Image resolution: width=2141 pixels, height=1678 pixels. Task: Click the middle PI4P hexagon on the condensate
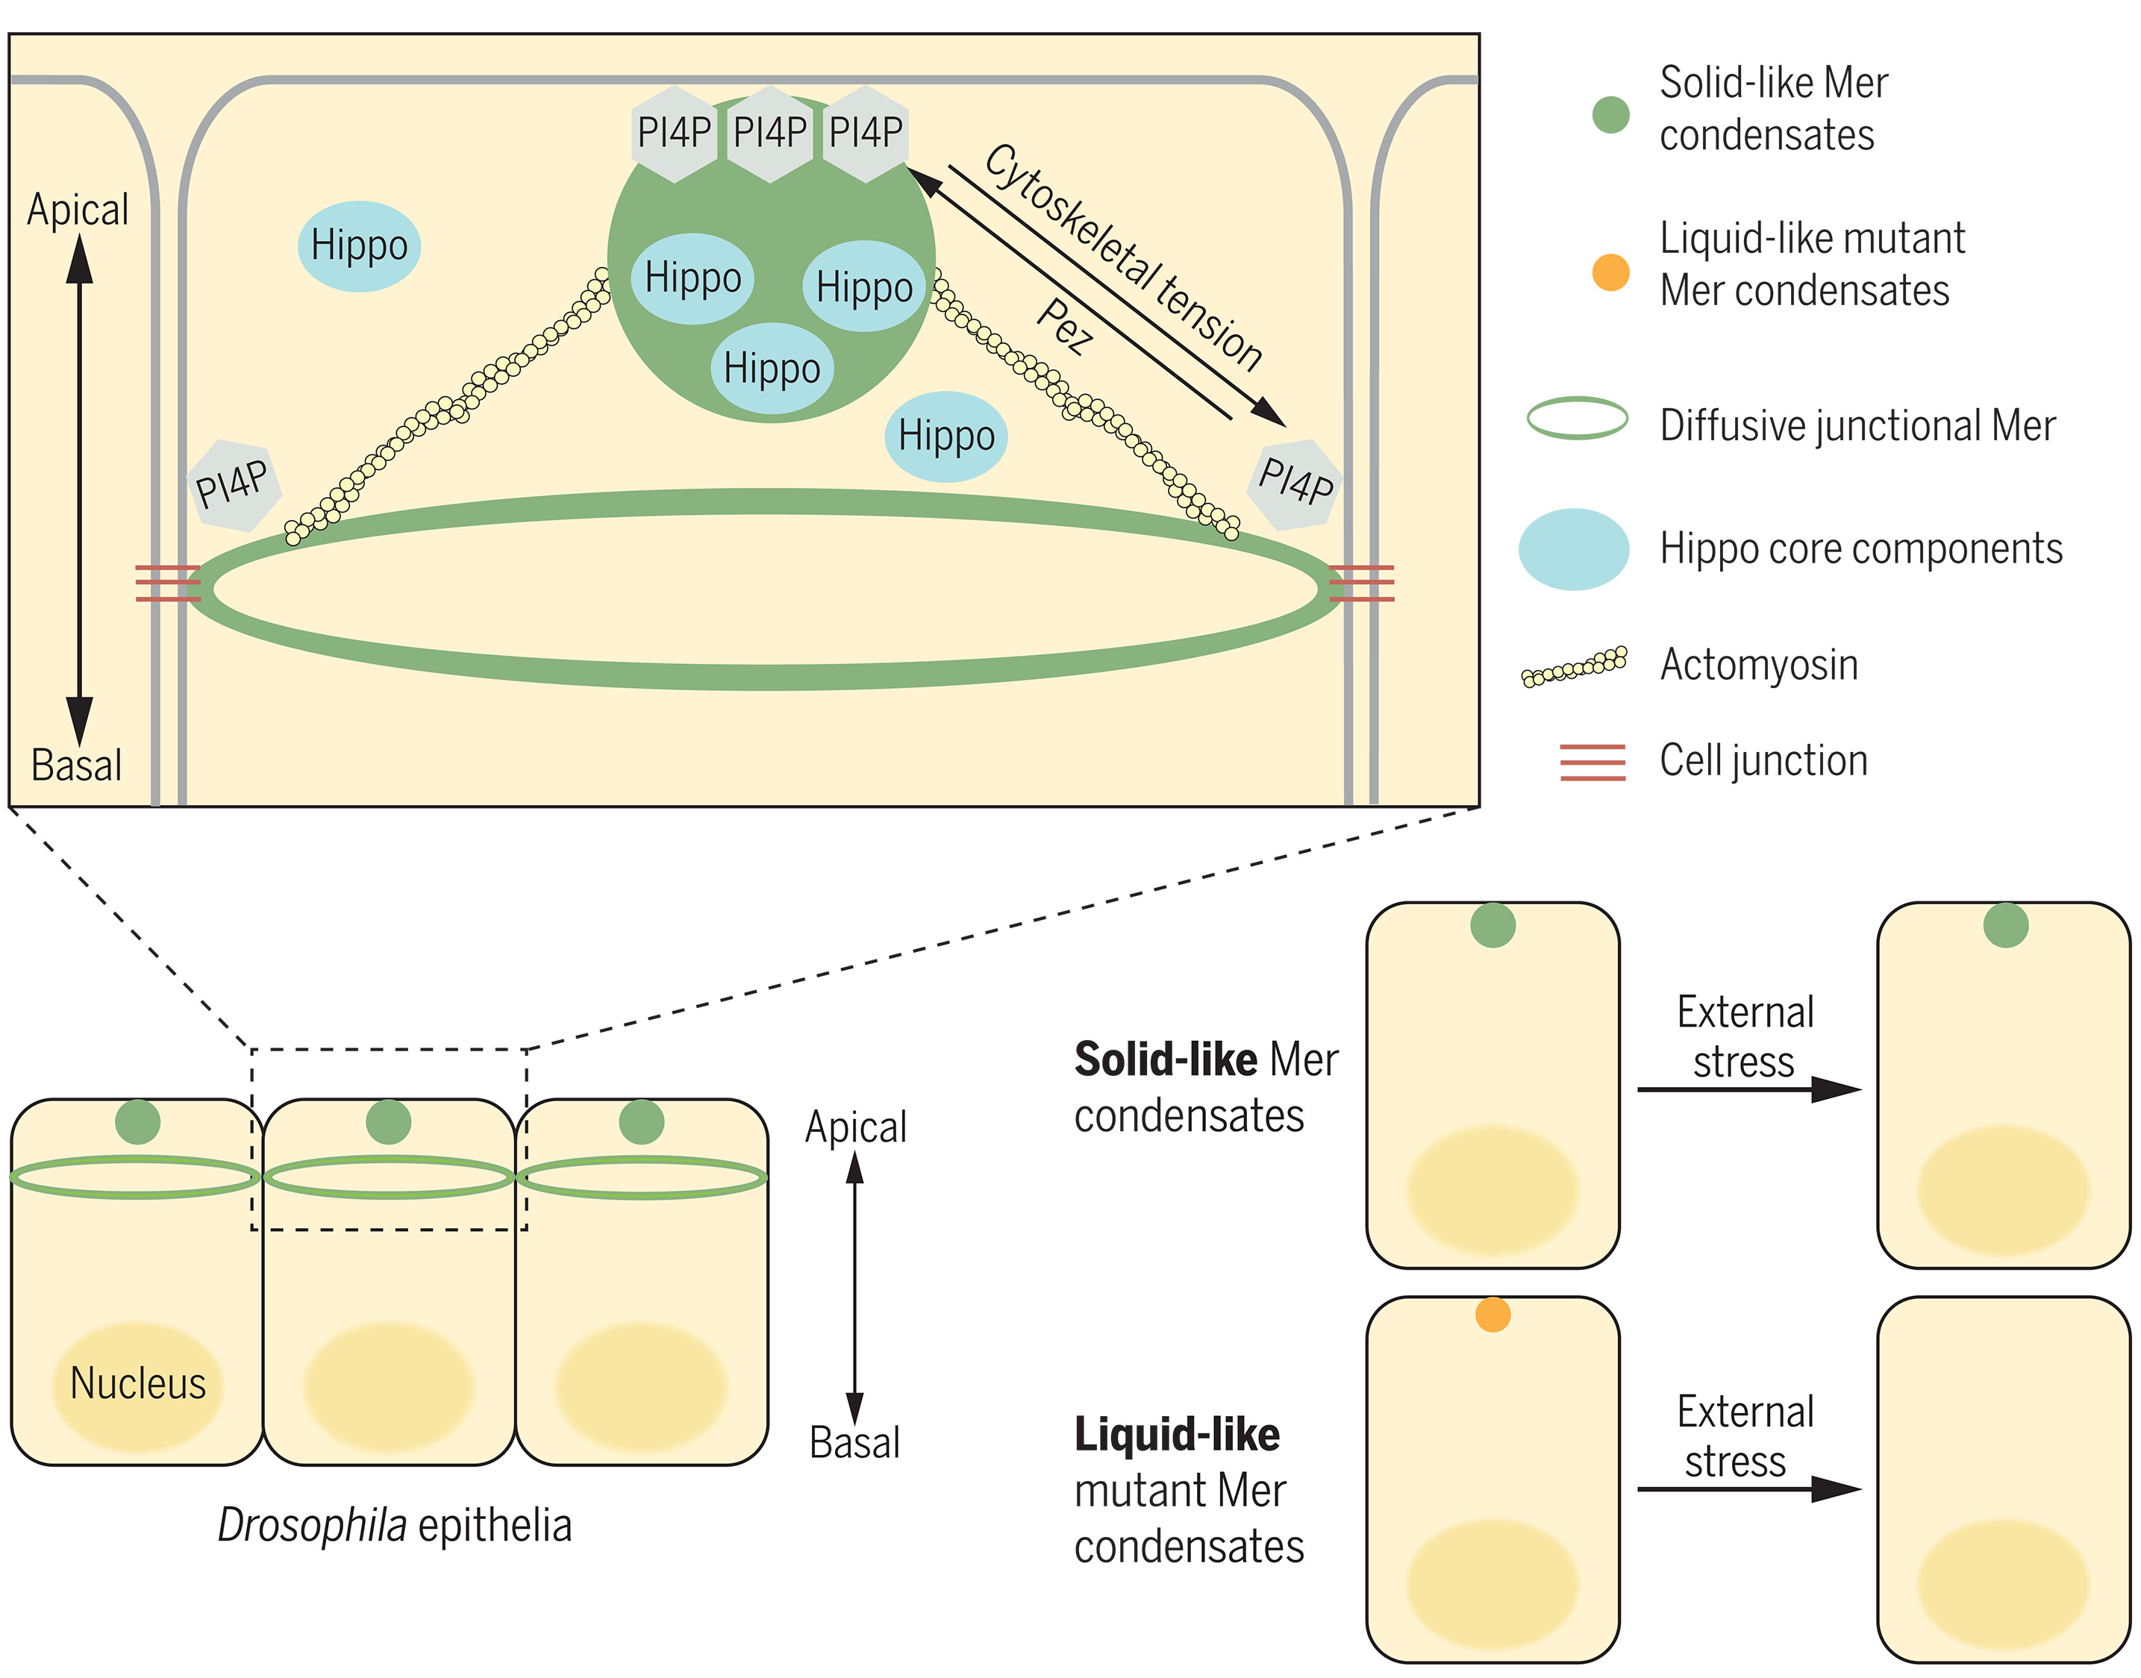[769, 133]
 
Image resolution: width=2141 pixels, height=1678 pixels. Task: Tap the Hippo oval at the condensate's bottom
[772, 369]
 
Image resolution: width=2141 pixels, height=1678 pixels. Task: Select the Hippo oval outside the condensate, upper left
[359, 245]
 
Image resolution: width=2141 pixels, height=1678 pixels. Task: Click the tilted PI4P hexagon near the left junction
[233, 484]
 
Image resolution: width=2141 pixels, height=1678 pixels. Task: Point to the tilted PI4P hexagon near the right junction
[1295, 483]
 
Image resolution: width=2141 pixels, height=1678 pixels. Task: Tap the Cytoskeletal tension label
[1123, 257]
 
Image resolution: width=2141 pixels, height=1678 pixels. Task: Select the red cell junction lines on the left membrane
[168, 583]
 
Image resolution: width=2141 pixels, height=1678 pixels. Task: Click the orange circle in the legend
[1610, 272]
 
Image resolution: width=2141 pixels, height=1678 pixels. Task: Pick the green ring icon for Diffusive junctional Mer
[1577, 419]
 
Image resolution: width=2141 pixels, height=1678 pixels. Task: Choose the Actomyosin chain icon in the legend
[1574, 667]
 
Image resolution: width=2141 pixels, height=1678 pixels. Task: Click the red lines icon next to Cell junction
[1592, 763]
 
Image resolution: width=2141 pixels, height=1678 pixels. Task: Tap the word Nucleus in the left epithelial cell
[137, 1383]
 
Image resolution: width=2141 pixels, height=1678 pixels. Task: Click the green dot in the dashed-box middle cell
[388, 1122]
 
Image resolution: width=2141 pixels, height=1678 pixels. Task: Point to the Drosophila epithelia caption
[394, 1526]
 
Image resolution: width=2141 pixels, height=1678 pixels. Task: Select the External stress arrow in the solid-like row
[1748, 1089]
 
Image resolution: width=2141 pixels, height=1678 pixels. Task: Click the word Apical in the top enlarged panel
[78, 209]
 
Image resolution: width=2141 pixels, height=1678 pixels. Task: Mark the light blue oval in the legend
[1573, 549]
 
